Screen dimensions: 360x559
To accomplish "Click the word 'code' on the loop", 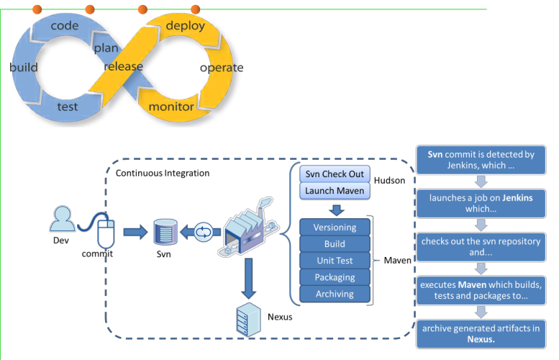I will click(64, 26).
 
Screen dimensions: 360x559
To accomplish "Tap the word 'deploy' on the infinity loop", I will click(185, 26).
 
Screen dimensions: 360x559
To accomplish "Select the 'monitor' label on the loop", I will click(171, 107).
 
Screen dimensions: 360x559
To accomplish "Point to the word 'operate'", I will click(221, 68).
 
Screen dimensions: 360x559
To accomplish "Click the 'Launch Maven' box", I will click(335, 191).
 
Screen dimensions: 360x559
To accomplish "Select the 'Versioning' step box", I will click(335, 228).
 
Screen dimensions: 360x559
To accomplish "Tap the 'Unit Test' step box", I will click(335, 261).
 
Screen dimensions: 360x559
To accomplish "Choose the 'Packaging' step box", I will click(335, 277).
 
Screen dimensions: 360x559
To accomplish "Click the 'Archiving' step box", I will click(335, 294).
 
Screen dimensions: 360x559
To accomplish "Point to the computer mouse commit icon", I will click(106, 232).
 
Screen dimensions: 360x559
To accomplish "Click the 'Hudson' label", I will click(390, 182).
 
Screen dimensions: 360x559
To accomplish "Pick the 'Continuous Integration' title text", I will click(163, 173).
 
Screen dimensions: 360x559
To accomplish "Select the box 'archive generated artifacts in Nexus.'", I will click(481, 333).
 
